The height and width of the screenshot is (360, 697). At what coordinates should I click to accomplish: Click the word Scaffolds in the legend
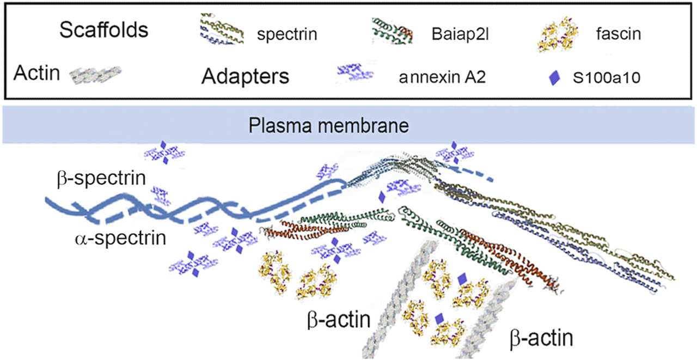click(x=103, y=30)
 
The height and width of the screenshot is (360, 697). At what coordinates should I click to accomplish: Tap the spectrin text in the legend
click(x=287, y=36)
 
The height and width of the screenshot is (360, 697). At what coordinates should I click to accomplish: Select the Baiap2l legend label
click(x=456, y=36)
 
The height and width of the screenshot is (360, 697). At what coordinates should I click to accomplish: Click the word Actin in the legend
click(x=37, y=73)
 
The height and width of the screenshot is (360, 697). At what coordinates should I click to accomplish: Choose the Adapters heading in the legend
click(x=244, y=77)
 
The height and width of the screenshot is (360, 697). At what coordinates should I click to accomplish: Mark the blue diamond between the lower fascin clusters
click(x=438, y=319)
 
